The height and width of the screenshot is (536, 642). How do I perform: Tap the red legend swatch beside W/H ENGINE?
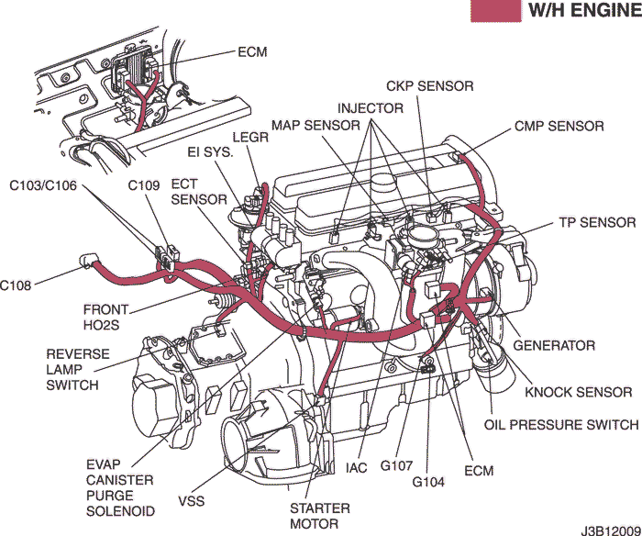coord(495,11)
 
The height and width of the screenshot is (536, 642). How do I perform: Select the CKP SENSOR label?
coord(429,86)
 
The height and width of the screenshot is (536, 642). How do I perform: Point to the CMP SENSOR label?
coord(559,126)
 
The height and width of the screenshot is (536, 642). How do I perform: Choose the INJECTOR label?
coord(370,107)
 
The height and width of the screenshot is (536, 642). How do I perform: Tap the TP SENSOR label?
coord(596,222)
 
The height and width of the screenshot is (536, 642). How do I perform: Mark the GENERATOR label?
coord(553,346)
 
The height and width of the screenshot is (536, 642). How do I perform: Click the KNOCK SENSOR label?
coord(578,392)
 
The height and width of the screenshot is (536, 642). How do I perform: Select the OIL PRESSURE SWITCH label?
coord(560,425)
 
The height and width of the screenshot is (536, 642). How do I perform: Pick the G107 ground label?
coord(396,468)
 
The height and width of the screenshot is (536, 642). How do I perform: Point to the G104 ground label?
coord(428,481)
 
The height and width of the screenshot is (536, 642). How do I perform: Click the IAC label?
coord(357,468)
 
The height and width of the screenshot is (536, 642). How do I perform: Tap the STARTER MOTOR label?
coord(320,516)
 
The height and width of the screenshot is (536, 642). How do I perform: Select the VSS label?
coord(192,501)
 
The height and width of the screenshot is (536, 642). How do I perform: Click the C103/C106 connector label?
coord(43,185)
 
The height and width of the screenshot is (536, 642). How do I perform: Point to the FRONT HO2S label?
coord(105,318)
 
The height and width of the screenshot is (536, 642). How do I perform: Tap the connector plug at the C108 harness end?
coord(88,261)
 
